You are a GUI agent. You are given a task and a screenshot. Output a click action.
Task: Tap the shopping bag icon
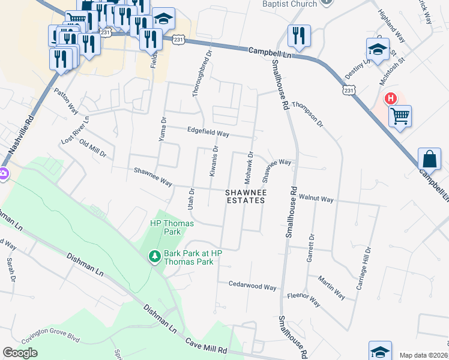429,159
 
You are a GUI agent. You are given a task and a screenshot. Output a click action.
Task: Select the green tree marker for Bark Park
154,257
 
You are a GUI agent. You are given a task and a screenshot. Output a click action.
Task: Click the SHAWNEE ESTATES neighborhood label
245,197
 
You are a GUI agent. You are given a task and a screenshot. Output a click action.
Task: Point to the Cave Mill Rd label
205,348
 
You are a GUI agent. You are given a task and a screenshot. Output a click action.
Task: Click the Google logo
20,352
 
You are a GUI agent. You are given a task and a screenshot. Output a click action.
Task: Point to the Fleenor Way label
304,295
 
